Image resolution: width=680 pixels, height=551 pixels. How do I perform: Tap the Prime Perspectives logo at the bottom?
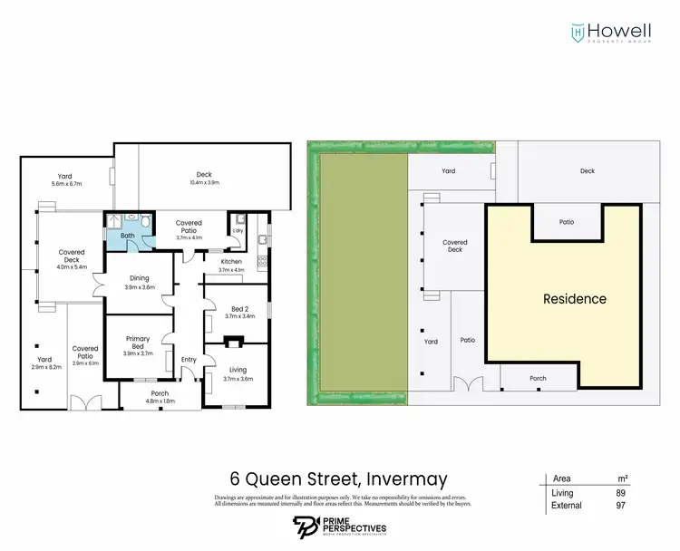coord(340,527)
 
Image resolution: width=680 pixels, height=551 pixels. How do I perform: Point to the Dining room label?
coord(139,283)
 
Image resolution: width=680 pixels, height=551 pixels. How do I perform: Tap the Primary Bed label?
coord(139,343)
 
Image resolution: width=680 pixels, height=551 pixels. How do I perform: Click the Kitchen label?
coord(232,265)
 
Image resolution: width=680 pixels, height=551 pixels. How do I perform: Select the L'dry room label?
coord(238,230)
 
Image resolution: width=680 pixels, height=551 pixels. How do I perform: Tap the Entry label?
coord(189,360)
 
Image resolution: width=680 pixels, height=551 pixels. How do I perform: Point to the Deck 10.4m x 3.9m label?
coord(205,179)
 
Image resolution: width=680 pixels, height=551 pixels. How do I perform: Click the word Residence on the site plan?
coord(574,298)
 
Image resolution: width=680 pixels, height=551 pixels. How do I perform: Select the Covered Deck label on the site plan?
coord(454,246)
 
